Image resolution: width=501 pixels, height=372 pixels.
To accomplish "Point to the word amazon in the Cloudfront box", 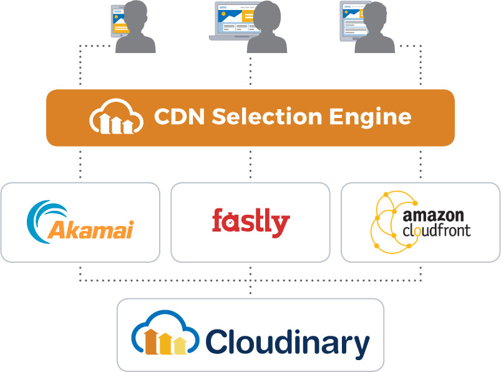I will pyautogui.click(x=433, y=216).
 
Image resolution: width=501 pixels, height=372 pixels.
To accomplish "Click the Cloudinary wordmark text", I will pyautogui.click(x=287, y=343).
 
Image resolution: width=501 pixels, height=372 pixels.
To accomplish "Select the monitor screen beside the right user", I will pyautogui.click(x=351, y=19).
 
